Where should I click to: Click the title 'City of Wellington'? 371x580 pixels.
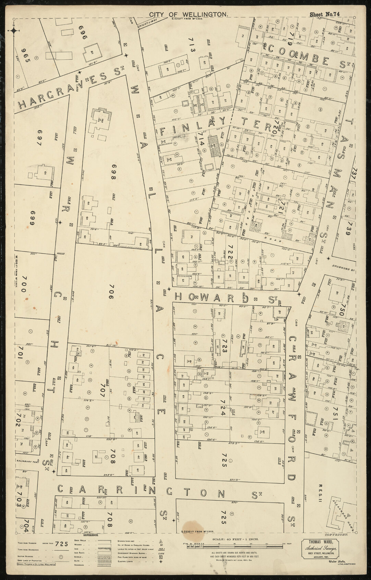tap(188, 14)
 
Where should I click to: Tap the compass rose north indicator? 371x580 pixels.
tap(14, 31)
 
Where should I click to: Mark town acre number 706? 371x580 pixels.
tap(111, 293)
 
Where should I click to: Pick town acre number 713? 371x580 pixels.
tap(191, 45)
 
